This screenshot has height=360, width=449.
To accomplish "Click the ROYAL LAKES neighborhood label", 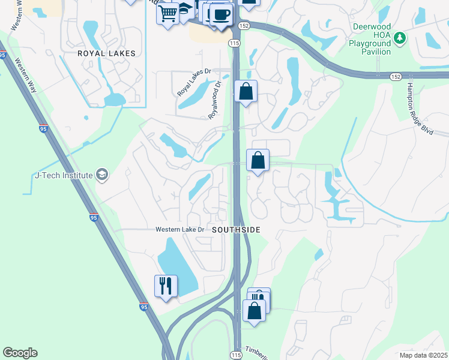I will (x=107, y=53).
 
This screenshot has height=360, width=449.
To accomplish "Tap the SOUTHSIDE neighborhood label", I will (x=235, y=230).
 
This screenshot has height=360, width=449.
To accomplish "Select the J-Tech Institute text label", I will (x=64, y=175).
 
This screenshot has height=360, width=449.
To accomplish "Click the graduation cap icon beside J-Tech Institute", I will (x=101, y=175).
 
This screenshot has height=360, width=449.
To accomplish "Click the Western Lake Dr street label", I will (x=180, y=230).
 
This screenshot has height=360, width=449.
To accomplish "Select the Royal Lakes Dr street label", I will (x=194, y=83).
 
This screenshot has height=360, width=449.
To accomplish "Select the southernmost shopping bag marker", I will (x=254, y=311).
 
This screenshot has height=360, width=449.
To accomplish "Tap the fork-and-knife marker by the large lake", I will (x=165, y=286).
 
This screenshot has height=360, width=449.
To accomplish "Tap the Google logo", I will (x=20, y=353).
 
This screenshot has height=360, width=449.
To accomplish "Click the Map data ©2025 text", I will (x=423, y=355).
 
